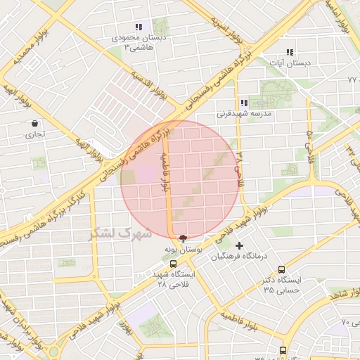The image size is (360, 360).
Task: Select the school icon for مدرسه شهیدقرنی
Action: [243, 102]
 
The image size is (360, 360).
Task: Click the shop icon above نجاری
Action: [34, 123]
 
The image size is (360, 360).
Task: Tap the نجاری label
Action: [35, 134]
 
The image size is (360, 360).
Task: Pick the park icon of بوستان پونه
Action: [184, 238]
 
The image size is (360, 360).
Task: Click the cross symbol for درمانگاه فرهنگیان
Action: [240, 245]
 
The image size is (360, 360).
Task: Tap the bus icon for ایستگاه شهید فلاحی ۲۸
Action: [173, 264]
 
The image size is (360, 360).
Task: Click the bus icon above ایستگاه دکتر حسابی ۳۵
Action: [282, 269]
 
